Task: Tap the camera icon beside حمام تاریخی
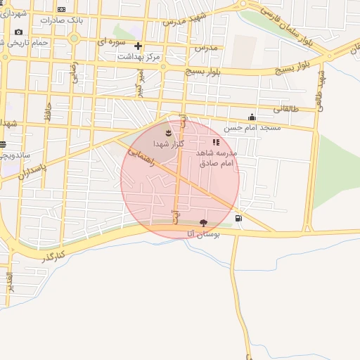click(18, 32)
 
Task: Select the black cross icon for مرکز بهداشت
click(138, 46)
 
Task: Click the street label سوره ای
click(111, 43)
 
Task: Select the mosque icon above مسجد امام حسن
click(252, 117)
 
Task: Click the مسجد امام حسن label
click(252, 128)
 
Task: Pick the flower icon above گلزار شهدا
click(168, 132)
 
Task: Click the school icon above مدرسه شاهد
click(216, 143)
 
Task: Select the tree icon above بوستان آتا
click(204, 221)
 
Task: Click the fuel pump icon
click(240, 218)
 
